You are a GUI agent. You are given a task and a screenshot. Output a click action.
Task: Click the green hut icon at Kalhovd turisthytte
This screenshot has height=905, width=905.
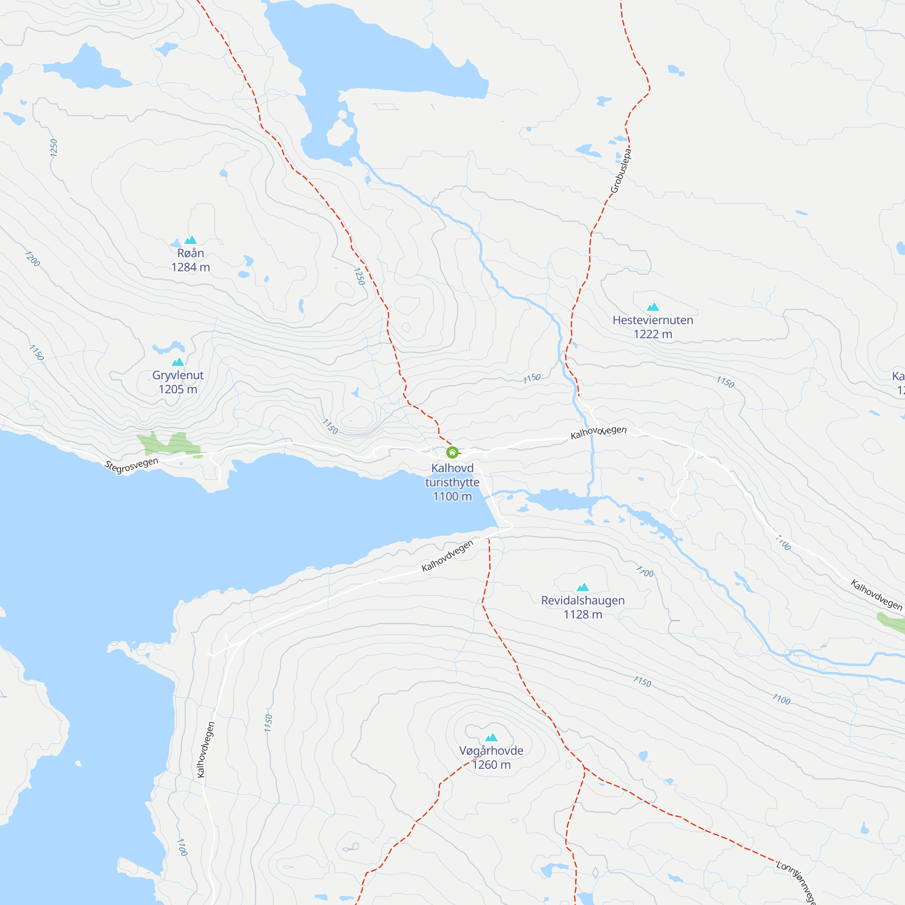(452, 452)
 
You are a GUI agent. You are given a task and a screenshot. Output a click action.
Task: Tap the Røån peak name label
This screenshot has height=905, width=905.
(191, 253)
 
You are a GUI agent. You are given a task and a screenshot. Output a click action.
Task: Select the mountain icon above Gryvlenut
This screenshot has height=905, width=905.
(178, 362)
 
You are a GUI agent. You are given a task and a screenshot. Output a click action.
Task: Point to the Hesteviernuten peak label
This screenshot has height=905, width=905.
(653, 320)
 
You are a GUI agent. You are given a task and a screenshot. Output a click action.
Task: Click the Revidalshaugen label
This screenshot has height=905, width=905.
(583, 600)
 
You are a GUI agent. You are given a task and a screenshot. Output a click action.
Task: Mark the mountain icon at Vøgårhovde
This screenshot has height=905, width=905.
(491, 738)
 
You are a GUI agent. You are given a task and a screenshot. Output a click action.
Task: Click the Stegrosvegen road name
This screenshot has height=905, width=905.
(132, 466)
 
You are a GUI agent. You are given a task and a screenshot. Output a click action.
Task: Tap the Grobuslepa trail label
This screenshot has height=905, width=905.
(621, 171)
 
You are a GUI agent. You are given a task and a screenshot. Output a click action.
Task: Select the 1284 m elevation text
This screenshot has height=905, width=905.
(191, 267)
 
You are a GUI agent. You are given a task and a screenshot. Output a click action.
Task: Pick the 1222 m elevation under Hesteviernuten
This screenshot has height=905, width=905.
(653, 334)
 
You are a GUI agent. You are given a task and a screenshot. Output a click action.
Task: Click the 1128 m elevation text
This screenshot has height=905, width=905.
(583, 614)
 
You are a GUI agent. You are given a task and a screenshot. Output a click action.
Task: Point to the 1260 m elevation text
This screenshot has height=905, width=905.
(491, 765)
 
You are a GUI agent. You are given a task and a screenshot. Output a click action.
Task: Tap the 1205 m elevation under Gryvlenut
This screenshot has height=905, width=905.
(178, 390)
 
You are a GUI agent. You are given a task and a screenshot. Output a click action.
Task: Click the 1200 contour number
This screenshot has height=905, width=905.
(32, 259)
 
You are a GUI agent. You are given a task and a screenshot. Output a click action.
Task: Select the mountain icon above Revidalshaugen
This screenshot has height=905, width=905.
(583, 587)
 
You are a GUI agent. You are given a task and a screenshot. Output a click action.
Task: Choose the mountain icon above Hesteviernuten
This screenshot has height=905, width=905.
(653, 307)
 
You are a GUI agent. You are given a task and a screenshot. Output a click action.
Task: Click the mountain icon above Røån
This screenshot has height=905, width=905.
(191, 240)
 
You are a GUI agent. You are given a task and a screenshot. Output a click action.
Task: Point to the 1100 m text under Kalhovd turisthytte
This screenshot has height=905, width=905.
(452, 496)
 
